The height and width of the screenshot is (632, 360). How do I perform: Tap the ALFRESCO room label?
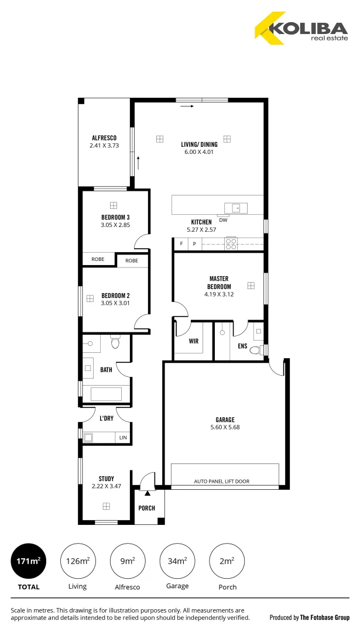(104, 138)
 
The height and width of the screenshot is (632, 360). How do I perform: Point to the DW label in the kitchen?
(223, 220)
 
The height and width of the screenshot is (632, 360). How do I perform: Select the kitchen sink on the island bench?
(236, 208)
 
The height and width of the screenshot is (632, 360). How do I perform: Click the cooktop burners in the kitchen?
(231, 243)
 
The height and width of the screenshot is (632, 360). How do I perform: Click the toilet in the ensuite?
(255, 351)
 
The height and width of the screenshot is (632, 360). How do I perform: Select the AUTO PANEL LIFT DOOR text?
(221, 482)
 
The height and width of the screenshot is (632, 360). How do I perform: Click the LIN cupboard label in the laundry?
(123, 437)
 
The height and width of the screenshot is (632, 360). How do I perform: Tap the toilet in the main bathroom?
(115, 342)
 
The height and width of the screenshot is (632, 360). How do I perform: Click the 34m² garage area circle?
(177, 561)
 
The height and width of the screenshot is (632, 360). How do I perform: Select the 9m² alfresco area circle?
(128, 561)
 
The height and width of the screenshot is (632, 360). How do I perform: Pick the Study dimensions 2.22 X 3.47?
(106, 486)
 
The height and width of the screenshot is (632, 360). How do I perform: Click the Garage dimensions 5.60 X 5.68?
(225, 427)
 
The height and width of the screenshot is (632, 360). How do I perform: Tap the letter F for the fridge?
(181, 243)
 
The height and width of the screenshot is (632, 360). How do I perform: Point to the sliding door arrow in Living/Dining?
(187, 107)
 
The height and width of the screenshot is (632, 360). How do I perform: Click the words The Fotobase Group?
(325, 617)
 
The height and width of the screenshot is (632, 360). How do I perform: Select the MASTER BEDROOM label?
(219, 282)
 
